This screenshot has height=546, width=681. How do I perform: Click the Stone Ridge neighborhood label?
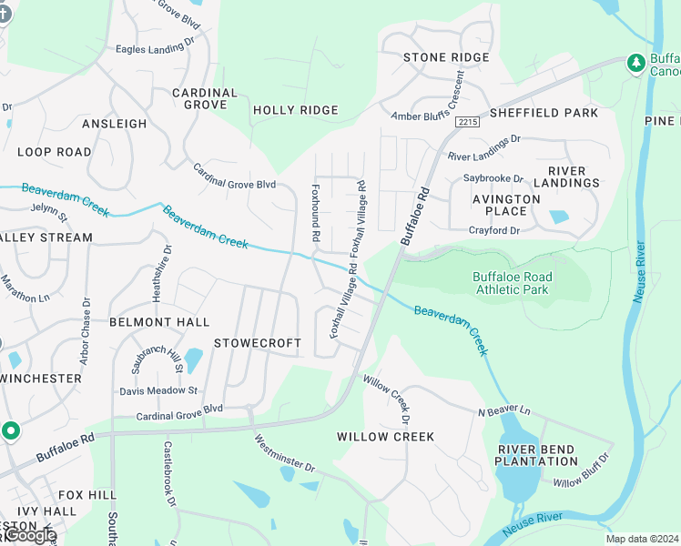tap(446, 57)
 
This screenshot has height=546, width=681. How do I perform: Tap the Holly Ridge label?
tap(295, 110)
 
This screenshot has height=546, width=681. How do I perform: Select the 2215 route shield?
tap(468, 121)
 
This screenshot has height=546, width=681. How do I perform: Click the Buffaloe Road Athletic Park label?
tap(511, 283)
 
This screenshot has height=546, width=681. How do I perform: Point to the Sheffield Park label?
tap(544, 113)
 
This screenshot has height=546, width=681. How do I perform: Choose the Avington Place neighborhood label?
tap(505, 205)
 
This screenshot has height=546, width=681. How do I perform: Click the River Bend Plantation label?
tap(536, 454)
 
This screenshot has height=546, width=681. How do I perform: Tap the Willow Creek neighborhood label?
tap(385, 437)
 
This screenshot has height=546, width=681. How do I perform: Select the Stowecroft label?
tap(257, 343)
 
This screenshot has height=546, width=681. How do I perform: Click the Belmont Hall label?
tap(159, 322)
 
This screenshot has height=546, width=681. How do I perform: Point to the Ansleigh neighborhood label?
tap(114, 124)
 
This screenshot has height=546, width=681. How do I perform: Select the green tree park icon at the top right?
tap(635, 62)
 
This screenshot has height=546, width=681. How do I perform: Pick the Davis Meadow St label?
tap(158, 390)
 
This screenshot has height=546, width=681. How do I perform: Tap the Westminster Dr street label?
tap(284, 454)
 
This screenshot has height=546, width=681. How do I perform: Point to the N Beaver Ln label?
tap(503, 412)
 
